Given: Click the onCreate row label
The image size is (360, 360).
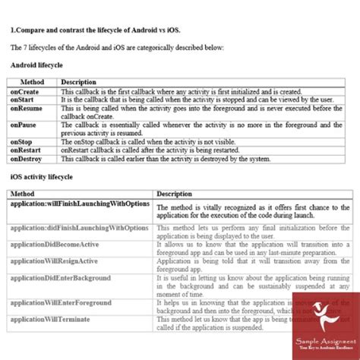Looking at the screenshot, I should click(x=24, y=91).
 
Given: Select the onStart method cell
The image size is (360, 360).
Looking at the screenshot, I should click(x=24, y=99).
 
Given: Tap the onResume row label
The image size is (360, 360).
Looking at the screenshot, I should click(x=26, y=108).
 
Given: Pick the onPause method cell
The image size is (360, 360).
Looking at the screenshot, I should click(x=24, y=125).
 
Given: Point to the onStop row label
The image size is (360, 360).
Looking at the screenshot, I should click(x=22, y=141).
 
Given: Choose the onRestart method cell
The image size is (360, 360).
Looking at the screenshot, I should click(x=26, y=150).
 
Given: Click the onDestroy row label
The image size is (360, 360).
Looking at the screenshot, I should click(x=27, y=159).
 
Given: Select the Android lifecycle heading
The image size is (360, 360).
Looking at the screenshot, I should click(x=36, y=66).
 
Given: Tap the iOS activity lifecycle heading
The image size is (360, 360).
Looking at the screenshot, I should click(x=42, y=178).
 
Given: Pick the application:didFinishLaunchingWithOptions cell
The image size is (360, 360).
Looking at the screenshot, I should click(x=80, y=228).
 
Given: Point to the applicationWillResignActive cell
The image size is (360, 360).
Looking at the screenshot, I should click(x=55, y=261).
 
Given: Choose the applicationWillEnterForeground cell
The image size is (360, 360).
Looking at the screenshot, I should click(x=61, y=302).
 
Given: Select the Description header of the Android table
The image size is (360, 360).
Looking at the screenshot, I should click(x=78, y=82).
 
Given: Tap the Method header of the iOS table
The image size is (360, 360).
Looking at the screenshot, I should click(x=23, y=194).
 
